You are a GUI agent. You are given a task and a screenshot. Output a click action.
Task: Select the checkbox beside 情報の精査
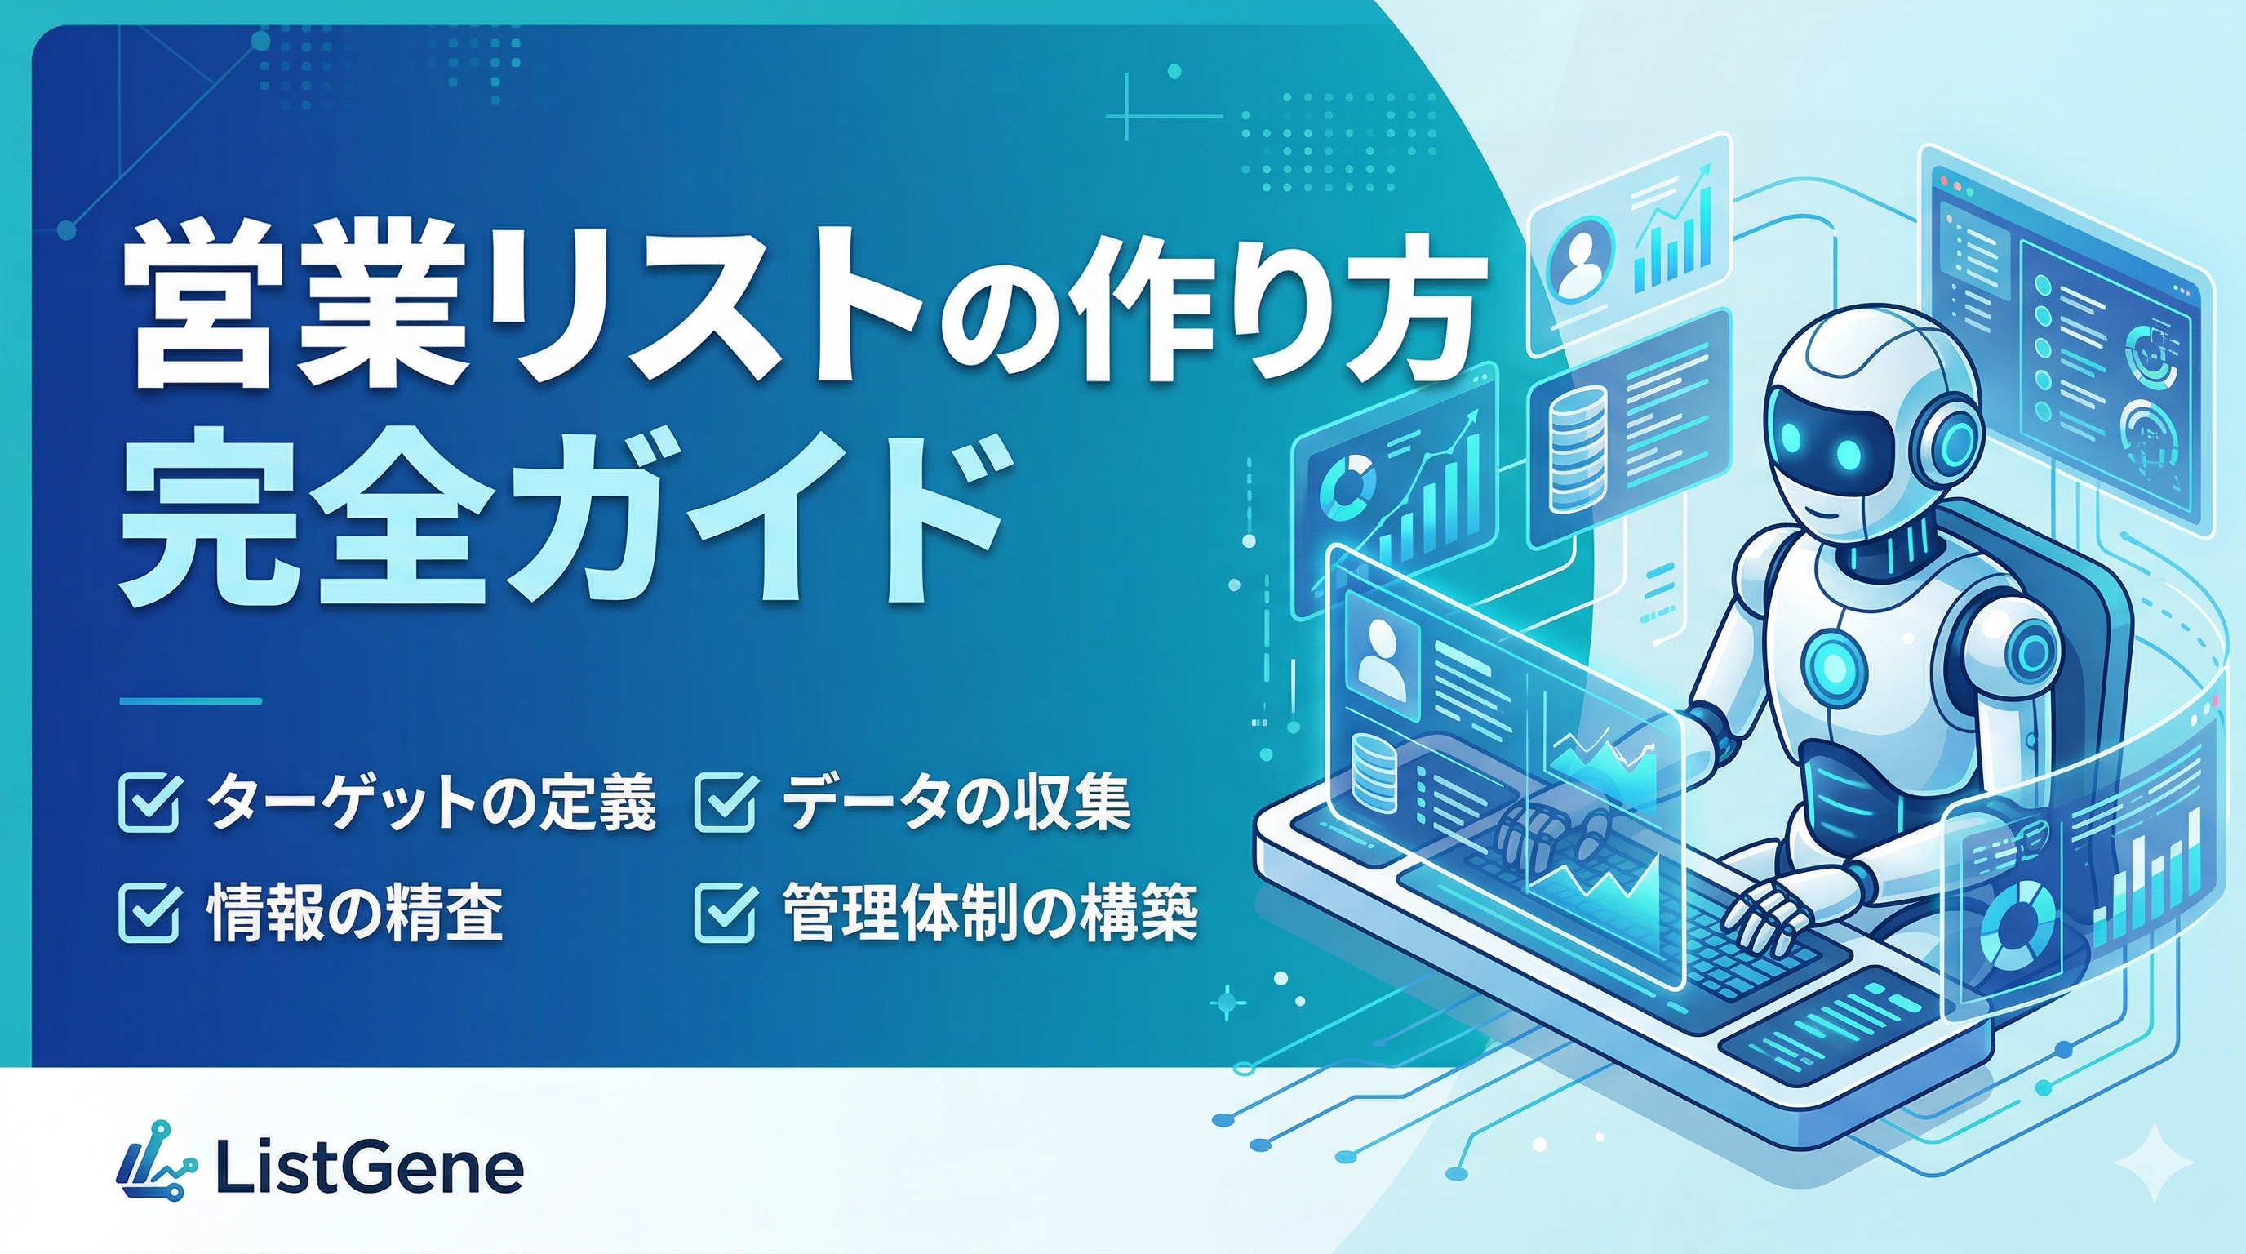click(149, 913)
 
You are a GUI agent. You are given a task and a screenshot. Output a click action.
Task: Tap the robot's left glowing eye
click(1800, 455)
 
